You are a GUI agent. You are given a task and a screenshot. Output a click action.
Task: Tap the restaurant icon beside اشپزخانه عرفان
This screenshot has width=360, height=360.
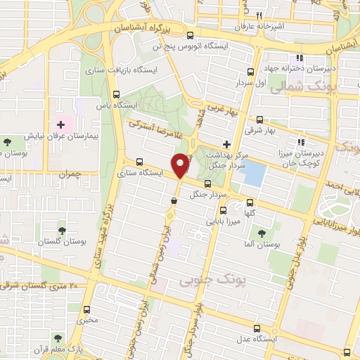259,15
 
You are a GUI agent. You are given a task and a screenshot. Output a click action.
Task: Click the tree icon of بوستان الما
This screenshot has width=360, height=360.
262,233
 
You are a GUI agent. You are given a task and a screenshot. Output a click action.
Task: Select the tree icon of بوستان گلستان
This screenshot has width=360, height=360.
62,230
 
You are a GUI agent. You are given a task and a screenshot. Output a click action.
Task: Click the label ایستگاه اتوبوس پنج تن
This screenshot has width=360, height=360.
182,46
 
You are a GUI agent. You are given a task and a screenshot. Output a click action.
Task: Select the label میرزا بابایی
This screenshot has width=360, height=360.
224,220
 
